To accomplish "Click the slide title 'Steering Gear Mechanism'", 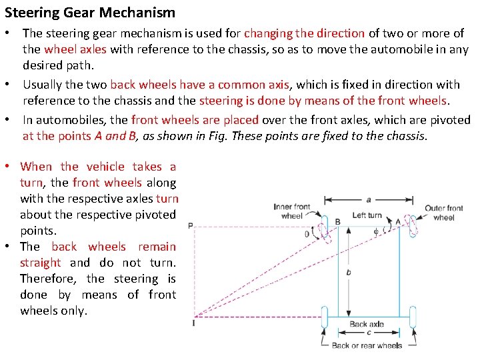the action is coord(90,13).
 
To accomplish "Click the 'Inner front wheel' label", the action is coord(292,211).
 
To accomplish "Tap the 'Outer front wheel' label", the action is coord(444,213).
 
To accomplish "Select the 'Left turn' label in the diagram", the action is coord(367,215).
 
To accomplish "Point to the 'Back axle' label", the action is coord(367,325).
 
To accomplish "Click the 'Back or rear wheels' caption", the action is coord(367,345).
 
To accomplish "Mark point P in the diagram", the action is coord(191,226).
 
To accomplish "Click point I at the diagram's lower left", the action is coord(193,323).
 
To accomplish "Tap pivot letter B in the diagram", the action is coord(337,221).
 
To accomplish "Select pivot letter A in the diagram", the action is coord(398,221).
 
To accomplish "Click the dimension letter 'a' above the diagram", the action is coord(369,199).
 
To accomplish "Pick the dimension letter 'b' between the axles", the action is coord(349,272).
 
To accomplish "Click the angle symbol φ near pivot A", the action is coord(376,233).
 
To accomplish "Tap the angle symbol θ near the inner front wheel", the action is coord(307,234).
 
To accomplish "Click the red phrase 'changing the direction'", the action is coord(304,33).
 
